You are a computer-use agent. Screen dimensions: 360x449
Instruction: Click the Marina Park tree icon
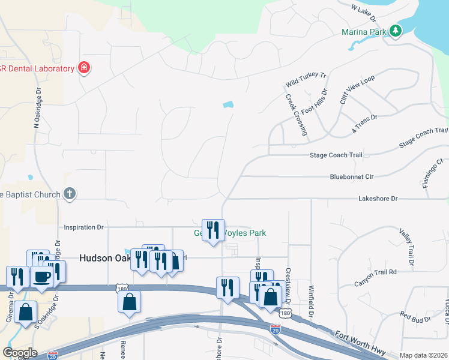tap(395, 31)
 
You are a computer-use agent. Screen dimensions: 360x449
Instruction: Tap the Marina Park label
tap(364, 31)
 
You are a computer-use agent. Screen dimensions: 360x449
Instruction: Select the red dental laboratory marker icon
tap(84, 67)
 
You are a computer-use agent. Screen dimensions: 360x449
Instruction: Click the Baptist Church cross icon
tap(70, 194)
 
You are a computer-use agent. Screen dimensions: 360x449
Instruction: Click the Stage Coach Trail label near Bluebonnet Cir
tap(336, 155)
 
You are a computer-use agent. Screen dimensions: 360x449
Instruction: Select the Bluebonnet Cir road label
tap(352, 177)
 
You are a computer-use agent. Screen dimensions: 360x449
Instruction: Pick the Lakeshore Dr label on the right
tap(378, 198)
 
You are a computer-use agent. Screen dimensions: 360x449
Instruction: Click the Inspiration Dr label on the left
tap(84, 227)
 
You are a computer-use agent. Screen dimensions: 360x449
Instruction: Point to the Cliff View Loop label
tap(357, 90)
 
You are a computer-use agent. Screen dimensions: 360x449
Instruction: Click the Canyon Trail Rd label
tap(376, 272)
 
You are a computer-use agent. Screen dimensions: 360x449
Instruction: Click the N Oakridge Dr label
tap(37, 108)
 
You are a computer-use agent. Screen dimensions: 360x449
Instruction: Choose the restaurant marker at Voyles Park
tap(213, 230)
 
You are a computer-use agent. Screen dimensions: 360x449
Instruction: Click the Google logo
tap(19, 353)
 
